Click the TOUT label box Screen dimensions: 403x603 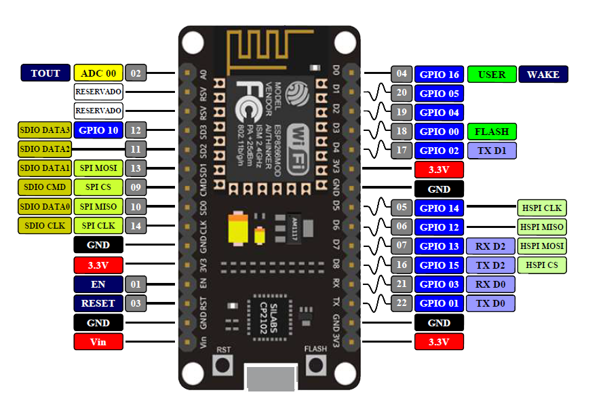coord(45,73)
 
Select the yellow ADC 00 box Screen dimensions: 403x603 coord(98,73)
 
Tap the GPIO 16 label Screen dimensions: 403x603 coord(439,74)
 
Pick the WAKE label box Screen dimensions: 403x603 coord(543,74)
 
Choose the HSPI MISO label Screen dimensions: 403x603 coord(542,227)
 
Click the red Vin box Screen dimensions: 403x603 coord(98,342)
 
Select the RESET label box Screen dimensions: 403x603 coord(98,303)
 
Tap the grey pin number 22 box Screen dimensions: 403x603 coord(402,303)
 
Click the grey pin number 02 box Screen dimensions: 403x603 coord(136,73)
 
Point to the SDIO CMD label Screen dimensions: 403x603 coord(44,187)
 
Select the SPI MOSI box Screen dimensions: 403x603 coord(98,168)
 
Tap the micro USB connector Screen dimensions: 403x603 coord(271,377)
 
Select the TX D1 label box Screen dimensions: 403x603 coord(492,151)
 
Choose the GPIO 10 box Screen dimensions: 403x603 coord(98,130)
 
